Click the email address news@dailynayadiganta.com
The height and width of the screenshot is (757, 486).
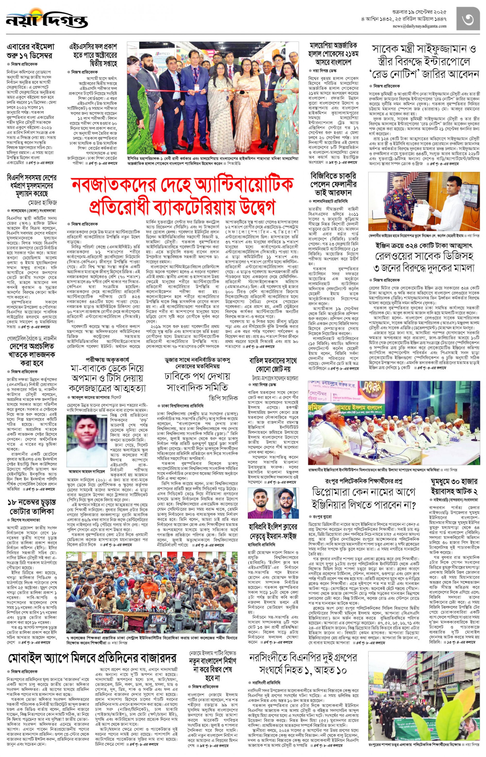click(x=419, y=26)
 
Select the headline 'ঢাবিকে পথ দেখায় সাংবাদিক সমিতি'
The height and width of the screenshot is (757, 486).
click(x=197, y=382)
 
